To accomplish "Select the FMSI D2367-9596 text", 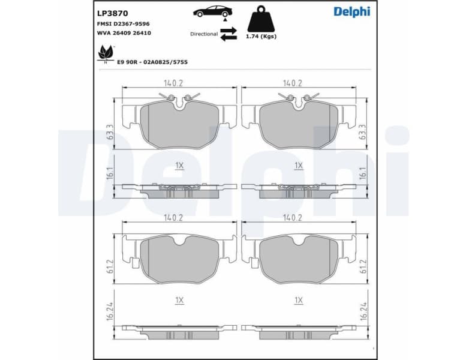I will tap(124, 23).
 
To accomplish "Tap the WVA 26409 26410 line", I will tap(124, 33).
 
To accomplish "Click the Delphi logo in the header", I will tap(351, 12).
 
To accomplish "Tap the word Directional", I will tap(204, 34).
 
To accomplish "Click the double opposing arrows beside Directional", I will tap(229, 35).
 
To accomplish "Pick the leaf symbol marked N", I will tap(106, 54).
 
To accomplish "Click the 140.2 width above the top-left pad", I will tap(173, 83).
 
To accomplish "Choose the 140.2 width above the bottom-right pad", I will tap(293, 218).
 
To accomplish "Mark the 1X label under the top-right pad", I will tap(298, 165).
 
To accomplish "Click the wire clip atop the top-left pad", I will tap(179, 98).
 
